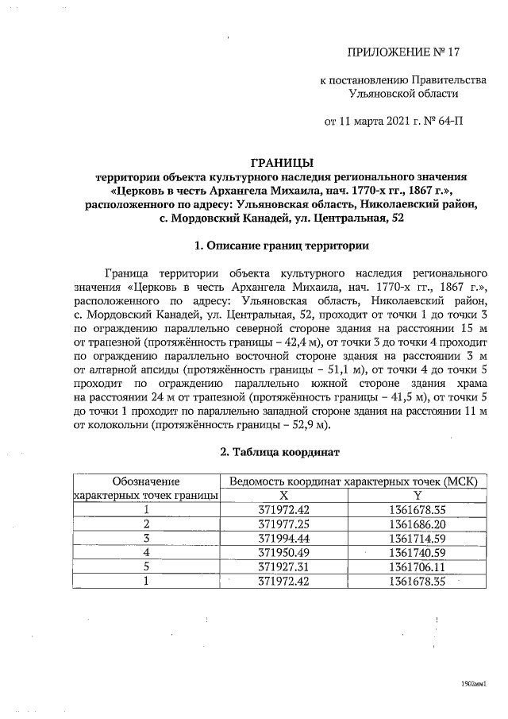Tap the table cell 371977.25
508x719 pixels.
coord(284,524)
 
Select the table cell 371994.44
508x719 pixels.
coord(284,539)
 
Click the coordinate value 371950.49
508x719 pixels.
coord(284,553)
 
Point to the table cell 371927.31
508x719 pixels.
coord(284,567)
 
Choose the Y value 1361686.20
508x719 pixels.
coord(418,524)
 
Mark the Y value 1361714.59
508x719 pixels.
coord(418,539)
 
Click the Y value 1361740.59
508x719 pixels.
coord(418,553)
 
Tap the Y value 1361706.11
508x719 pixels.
coord(418,567)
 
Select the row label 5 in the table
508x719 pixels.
coord(146,567)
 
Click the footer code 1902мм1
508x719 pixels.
coord(474,682)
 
